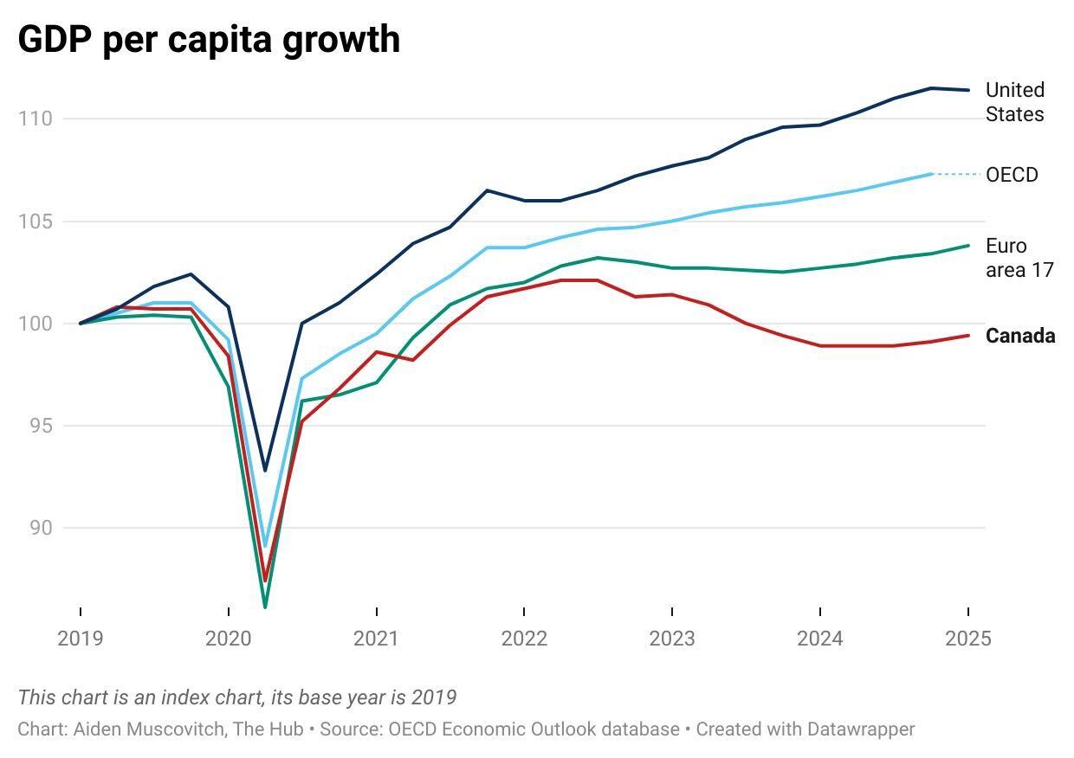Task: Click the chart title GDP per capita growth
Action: (209, 40)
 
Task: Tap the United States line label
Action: (1015, 102)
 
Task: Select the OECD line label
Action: (1012, 175)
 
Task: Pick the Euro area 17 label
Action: (1019, 258)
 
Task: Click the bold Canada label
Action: (1020, 337)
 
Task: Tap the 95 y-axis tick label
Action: (36, 426)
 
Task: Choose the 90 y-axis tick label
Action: (36, 528)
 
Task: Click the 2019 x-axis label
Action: (80, 639)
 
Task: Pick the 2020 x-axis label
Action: (228, 639)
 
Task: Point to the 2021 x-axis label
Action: (376, 639)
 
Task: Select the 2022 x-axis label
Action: (524, 639)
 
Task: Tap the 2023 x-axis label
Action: (671, 639)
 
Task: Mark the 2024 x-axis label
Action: (819, 639)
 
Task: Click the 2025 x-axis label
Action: (967, 639)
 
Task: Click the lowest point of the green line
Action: (265, 607)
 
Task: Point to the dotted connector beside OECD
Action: (956, 174)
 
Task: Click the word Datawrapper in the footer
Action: (860, 729)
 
